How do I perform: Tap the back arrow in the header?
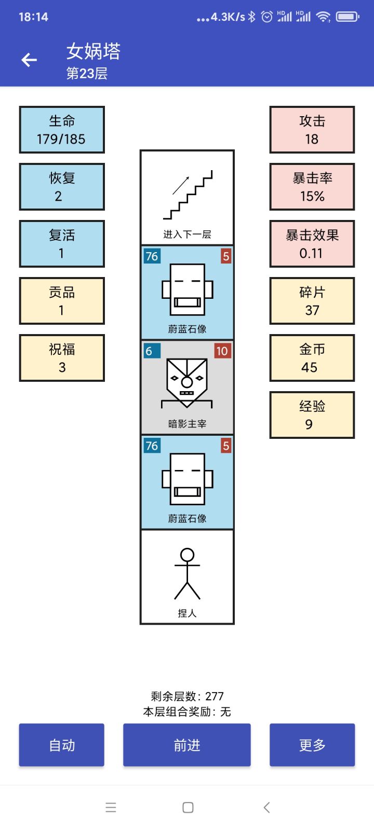[x=29, y=60]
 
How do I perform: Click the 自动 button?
[x=62, y=745]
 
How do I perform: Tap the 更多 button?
[x=312, y=745]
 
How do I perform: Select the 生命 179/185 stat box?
[x=62, y=130]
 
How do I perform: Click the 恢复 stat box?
[x=62, y=187]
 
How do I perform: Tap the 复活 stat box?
[x=62, y=244]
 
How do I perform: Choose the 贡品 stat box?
[x=62, y=301]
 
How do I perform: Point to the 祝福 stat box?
[x=62, y=358]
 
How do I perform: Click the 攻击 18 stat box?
[x=312, y=130]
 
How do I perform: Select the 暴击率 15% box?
[x=312, y=187]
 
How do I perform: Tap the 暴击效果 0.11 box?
[x=312, y=244]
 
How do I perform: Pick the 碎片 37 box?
[x=312, y=301]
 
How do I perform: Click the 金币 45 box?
[x=312, y=358]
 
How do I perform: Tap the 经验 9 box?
[x=312, y=415]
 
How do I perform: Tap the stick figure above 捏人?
[x=187, y=573]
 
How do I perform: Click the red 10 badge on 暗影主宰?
[x=222, y=351]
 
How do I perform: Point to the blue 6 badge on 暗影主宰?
[x=151, y=351]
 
